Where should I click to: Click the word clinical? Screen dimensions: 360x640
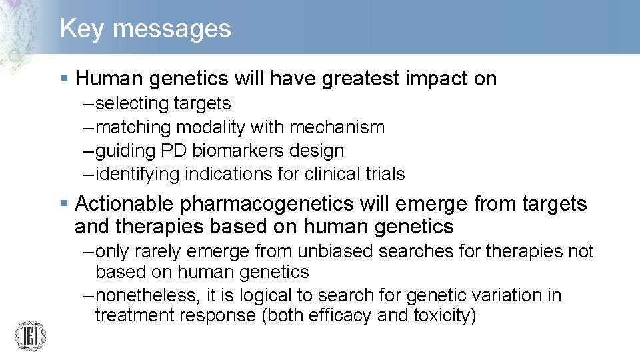tap(335, 174)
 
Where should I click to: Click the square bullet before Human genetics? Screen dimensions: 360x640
tap(64, 79)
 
